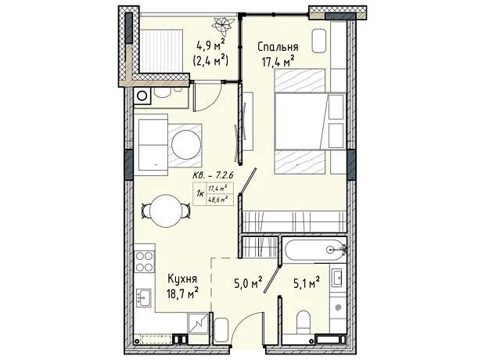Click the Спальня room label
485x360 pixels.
tap(278, 47)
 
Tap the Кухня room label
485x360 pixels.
tap(182, 279)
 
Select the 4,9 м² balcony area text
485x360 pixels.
tap(210, 46)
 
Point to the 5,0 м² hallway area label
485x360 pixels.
tap(249, 283)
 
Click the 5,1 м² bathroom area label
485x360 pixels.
tap(306, 283)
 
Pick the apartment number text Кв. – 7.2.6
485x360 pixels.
tap(213, 175)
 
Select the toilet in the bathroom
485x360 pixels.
tap(303, 322)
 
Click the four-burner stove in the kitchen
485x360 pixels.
tap(145, 261)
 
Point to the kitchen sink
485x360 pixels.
tap(144, 297)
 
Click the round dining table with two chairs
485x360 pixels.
tap(166, 211)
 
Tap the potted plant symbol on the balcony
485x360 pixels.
tap(223, 26)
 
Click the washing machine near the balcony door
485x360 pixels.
tap(142, 95)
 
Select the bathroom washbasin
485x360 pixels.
tap(336, 278)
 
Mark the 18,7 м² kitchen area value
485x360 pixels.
tap(182, 293)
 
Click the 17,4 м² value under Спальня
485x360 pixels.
tap(278, 61)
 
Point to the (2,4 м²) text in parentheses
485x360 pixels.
tap(210, 60)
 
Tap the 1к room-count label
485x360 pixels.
tap(200, 194)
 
